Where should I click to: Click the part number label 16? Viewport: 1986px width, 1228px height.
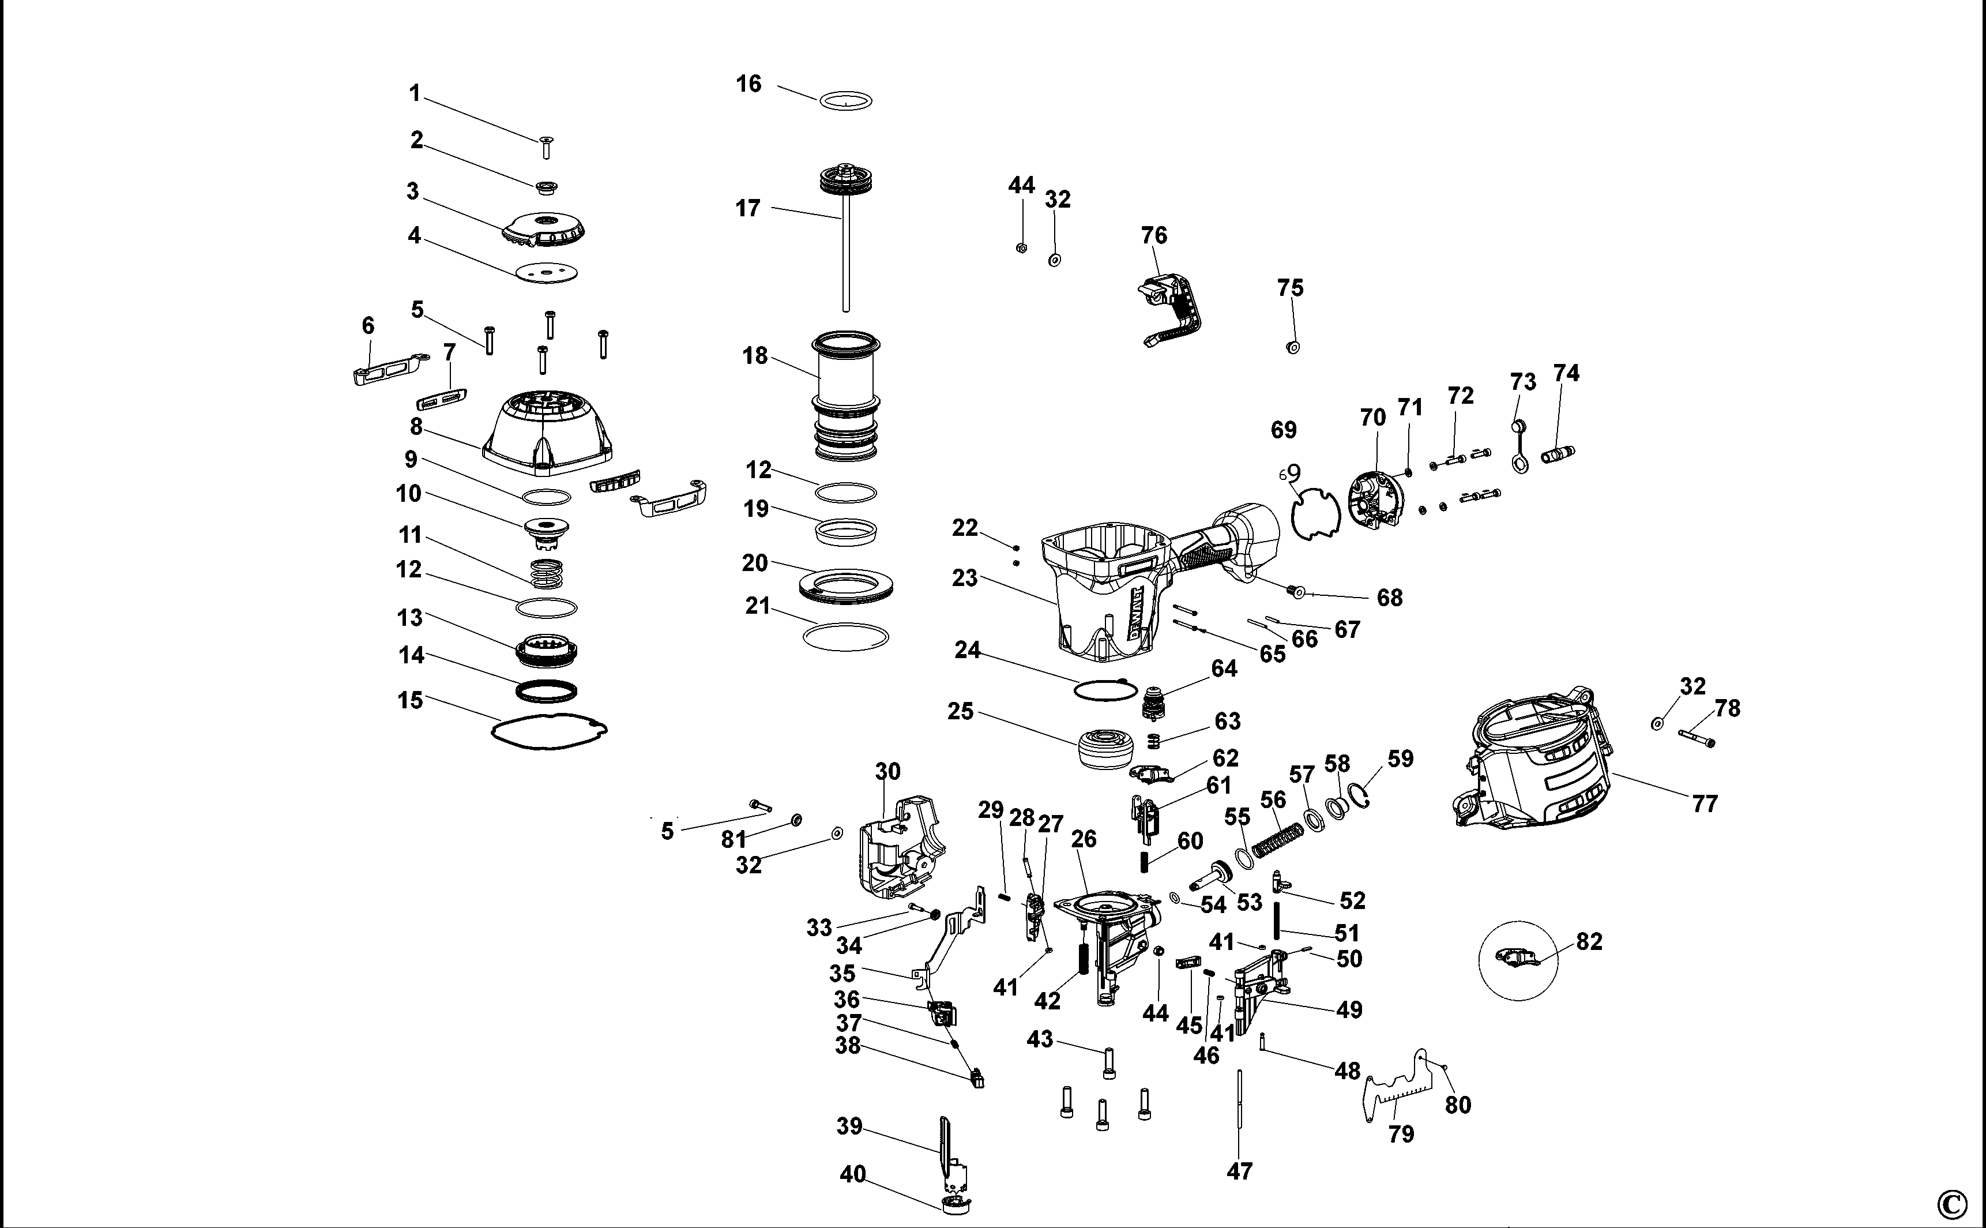click(748, 84)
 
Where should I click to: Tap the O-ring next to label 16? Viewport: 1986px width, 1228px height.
click(845, 101)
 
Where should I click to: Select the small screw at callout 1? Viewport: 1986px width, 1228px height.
click(547, 148)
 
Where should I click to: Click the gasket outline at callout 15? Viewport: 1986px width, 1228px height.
click(550, 731)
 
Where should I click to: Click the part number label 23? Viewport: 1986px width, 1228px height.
click(965, 579)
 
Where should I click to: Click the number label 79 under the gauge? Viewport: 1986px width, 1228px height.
click(1401, 1134)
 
